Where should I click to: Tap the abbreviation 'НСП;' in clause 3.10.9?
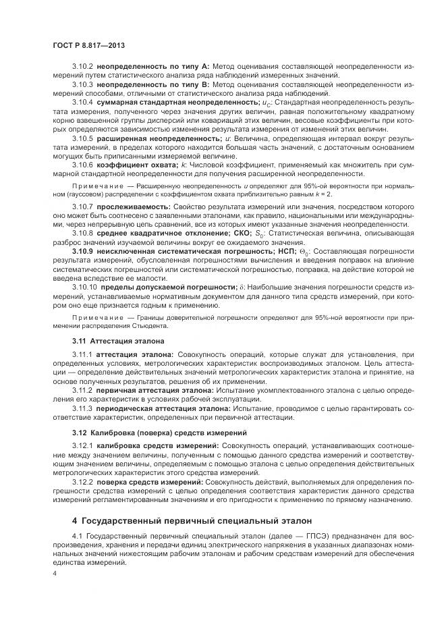point(285,251)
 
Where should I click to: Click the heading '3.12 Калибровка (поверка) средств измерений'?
point(159,431)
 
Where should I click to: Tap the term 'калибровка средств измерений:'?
point(158,446)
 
